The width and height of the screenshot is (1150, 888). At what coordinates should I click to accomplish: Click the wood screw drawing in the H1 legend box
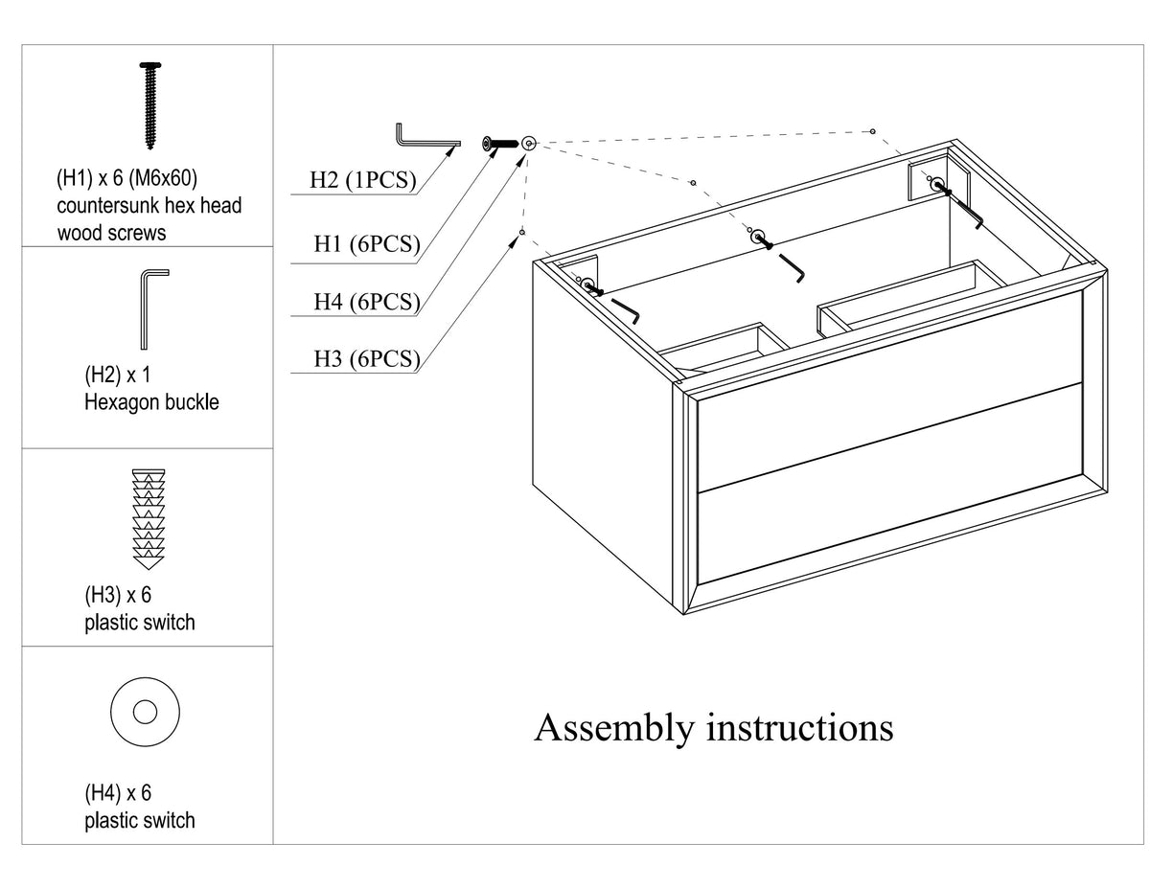[x=150, y=105]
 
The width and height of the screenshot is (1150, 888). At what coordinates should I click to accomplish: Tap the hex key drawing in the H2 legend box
[x=144, y=309]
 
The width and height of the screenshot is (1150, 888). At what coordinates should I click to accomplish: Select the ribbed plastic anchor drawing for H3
[x=149, y=519]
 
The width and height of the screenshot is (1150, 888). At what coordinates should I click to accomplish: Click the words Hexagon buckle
[x=151, y=402]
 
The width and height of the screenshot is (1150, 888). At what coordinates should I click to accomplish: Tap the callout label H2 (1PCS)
[x=362, y=180]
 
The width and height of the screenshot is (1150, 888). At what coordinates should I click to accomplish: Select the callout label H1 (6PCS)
[x=367, y=244]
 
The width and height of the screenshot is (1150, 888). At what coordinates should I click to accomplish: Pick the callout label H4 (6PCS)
[x=367, y=302]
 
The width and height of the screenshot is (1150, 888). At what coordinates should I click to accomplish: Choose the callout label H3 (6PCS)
[x=367, y=359]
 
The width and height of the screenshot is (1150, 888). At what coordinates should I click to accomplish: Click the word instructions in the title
[x=799, y=728]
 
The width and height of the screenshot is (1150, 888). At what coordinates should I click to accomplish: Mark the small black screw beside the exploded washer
[x=499, y=144]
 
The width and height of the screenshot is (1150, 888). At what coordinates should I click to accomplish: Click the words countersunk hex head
[x=149, y=206]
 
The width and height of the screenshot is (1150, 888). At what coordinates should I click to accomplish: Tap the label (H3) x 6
[x=118, y=596]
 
